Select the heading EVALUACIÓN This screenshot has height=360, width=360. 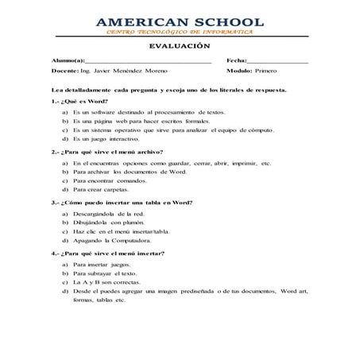pos(180,47)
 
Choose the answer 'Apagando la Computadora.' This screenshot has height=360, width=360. pos(112,240)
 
